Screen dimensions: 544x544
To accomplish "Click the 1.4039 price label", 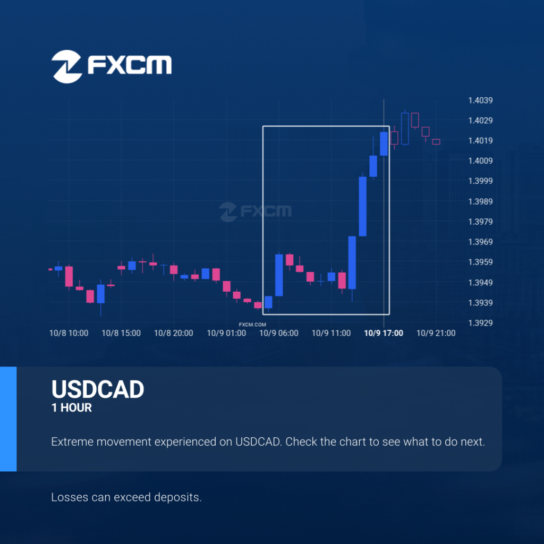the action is tap(480, 100).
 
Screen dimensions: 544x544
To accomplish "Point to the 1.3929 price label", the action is tap(480, 323).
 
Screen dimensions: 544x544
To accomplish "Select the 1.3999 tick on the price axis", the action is tap(480, 181).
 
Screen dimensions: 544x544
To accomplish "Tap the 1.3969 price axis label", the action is tap(480, 242).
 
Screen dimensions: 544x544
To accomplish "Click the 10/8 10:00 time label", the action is tap(69, 333).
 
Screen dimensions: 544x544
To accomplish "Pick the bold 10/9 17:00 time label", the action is tap(384, 333).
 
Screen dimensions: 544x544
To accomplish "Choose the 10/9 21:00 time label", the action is tap(436, 333).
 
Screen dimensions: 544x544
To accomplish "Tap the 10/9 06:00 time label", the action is tap(278, 333).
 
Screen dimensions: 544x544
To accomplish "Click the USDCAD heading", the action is tap(98, 389).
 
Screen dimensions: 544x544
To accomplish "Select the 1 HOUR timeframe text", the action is tap(72, 407).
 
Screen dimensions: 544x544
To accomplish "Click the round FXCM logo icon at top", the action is tap(66, 66).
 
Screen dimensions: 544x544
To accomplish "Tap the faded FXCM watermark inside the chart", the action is tap(256, 211).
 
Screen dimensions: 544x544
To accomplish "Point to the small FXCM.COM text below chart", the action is tap(252, 325).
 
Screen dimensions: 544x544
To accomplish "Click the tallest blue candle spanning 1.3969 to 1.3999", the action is tap(362, 207).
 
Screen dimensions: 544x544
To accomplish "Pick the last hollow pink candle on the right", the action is tap(436, 141).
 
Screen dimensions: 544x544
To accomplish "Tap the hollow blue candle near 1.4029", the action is tap(405, 129).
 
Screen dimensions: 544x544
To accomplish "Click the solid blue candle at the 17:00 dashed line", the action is tap(384, 143).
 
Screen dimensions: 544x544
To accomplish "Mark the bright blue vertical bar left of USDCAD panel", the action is tap(8, 419).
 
